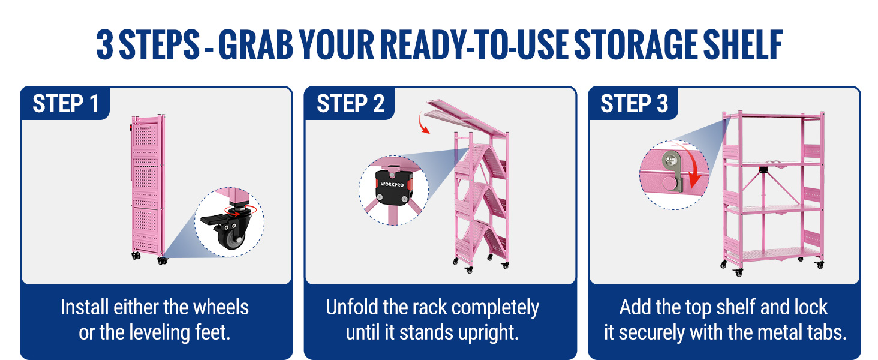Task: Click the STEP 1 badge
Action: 65,103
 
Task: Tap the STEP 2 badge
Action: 350,103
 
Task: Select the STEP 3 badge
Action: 634,103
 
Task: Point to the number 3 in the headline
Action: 105,44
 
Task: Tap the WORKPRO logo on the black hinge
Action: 392,184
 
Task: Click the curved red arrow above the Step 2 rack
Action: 422,122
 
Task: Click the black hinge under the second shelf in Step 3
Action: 763,170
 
